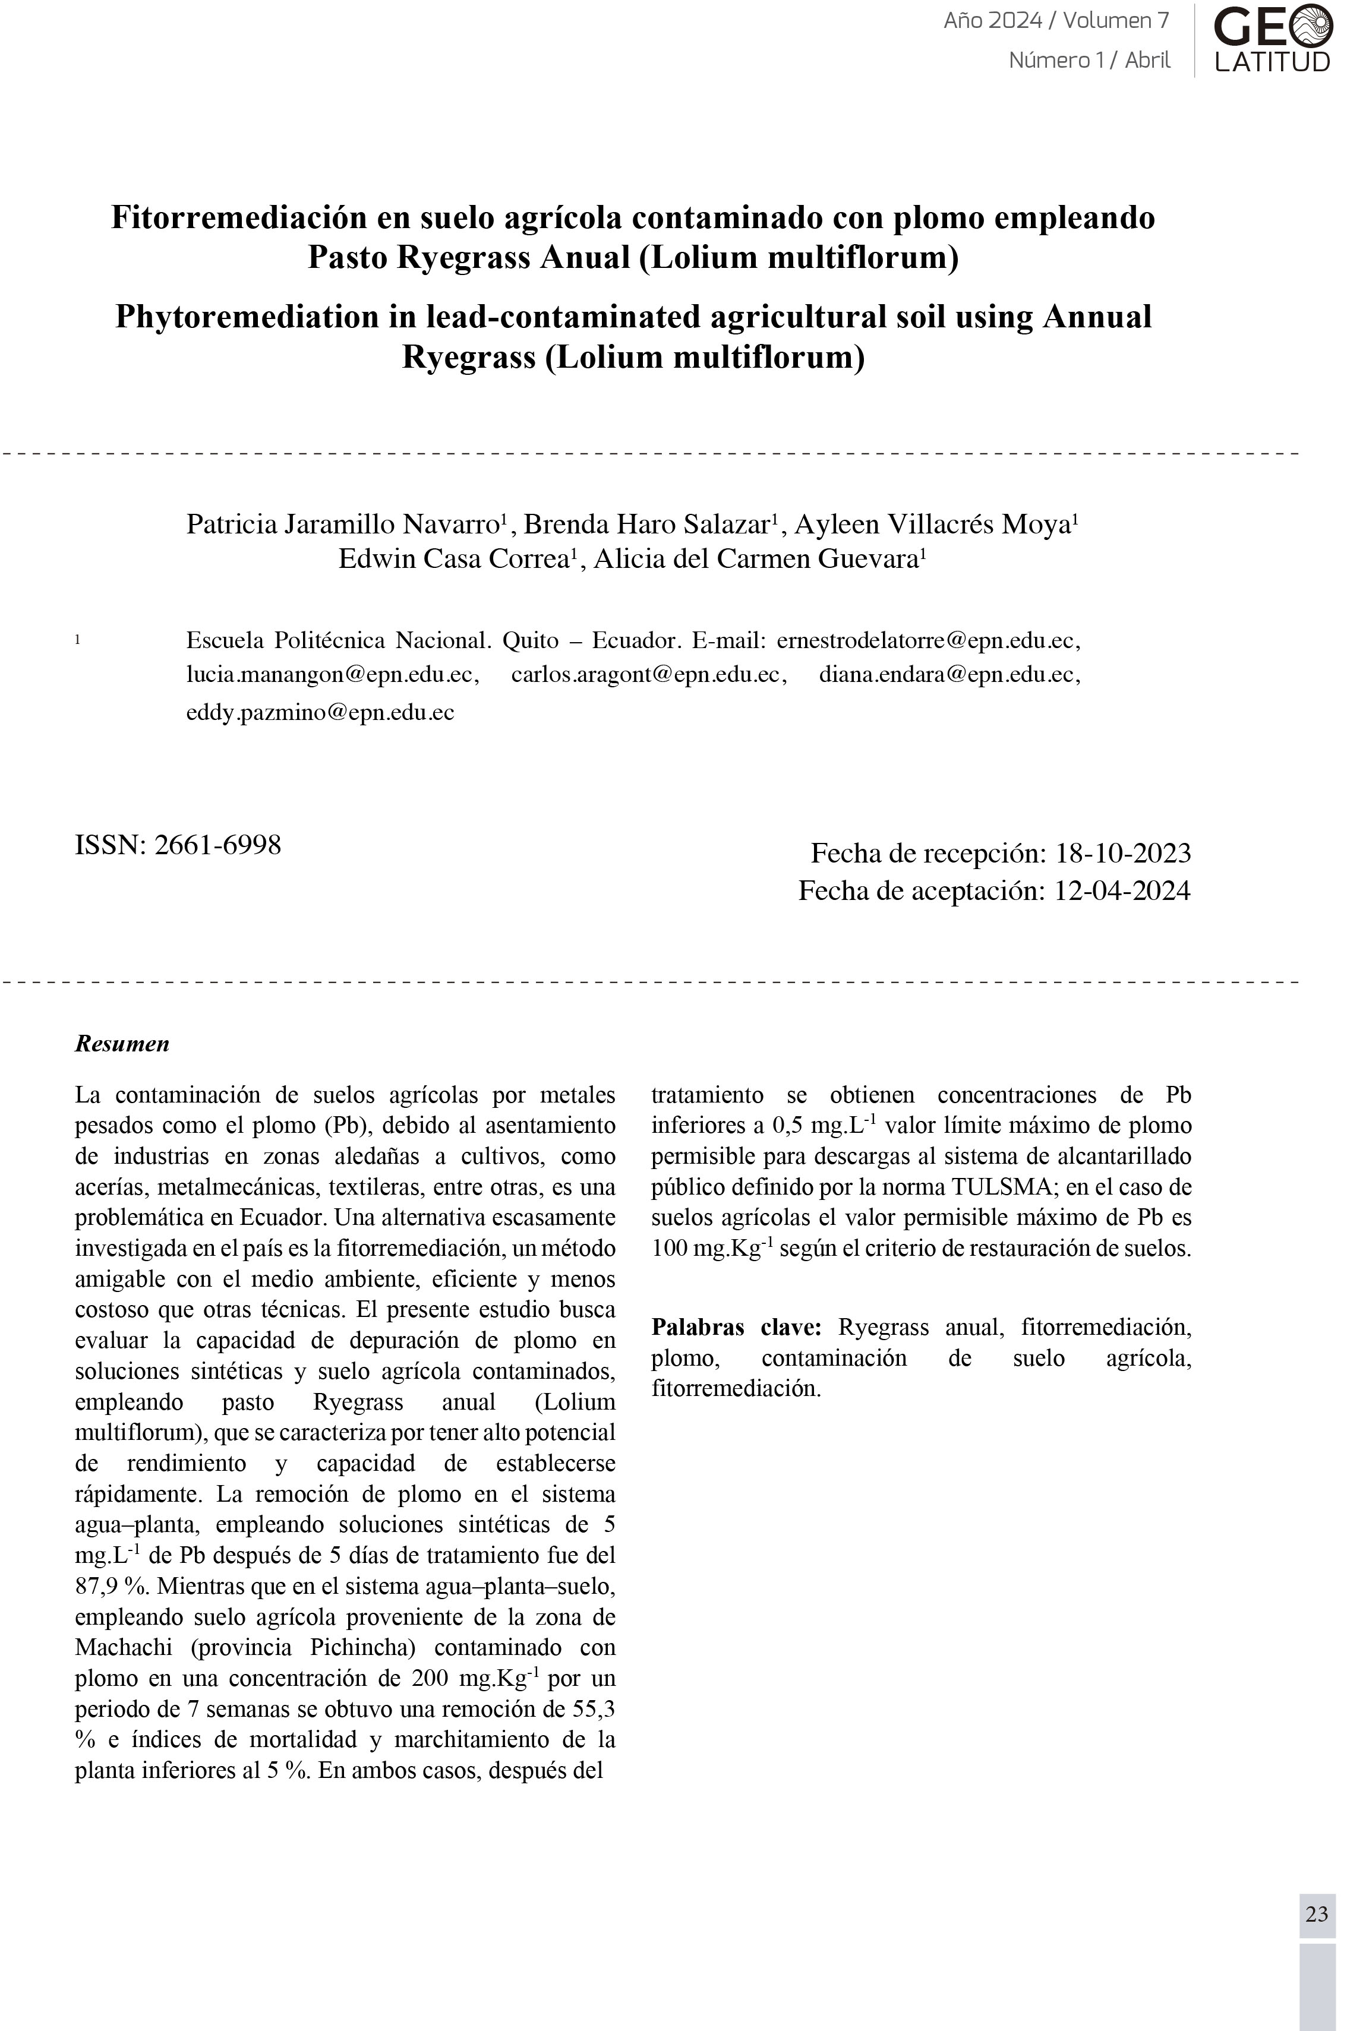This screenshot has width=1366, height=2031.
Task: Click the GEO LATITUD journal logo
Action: [x=1272, y=39]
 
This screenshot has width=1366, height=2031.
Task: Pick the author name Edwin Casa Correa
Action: [x=453, y=558]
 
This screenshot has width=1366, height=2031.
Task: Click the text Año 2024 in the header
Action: [x=992, y=21]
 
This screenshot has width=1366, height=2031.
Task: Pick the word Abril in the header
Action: [x=1147, y=60]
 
